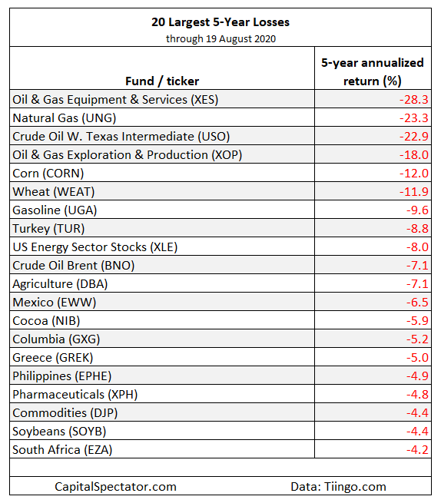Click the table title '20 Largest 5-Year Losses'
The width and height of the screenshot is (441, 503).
pos(220,22)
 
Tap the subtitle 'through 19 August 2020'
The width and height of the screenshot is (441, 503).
pos(220,39)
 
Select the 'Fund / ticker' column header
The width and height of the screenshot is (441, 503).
pos(162,81)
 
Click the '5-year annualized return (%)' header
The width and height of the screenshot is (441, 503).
pos(373,72)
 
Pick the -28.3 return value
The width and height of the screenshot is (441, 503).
pos(413,99)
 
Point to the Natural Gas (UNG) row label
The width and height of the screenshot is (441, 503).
pos(65,118)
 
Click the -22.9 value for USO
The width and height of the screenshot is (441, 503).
pos(413,137)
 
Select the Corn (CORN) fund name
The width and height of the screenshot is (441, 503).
pos(48,174)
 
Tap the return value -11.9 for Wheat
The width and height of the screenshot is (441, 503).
pos(413,192)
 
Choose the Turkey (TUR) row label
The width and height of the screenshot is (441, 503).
pos(48,229)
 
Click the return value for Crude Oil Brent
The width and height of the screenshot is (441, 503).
pos(417,266)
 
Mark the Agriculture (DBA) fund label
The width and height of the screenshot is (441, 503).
pos(60,284)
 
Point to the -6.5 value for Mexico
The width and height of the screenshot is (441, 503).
pos(417,303)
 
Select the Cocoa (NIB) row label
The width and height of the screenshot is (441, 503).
pos(46,321)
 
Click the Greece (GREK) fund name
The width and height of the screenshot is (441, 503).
pos(53,358)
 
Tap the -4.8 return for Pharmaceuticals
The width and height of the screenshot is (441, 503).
pos(417,395)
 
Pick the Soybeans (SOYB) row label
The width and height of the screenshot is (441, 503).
pos(59,432)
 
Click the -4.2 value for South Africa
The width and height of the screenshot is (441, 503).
pos(417,450)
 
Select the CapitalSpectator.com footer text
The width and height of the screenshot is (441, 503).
pos(115,487)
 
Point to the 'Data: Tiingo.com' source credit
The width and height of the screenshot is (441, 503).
pos(338,487)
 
